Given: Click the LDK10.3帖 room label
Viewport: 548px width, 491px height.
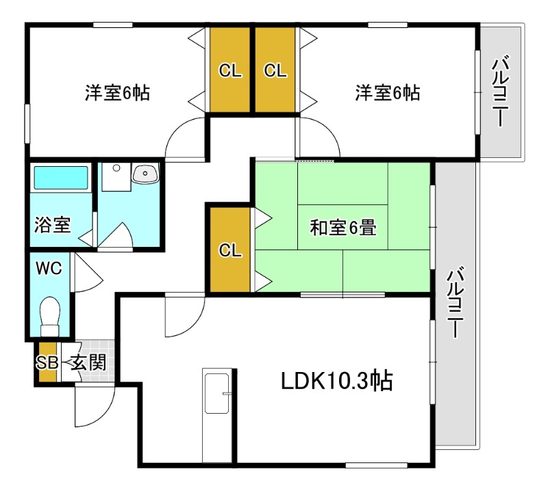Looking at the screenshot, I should tap(336, 381).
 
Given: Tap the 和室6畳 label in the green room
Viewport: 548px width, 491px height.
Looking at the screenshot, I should tap(342, 227).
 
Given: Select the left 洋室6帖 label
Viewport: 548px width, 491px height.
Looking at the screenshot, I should tap(118, 93).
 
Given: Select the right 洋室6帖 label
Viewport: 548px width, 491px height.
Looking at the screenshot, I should tap(387, 93).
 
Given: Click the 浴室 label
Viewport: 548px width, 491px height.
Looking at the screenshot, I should tap(52, 225).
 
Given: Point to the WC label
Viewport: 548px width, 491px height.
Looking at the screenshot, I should tap(49, 268).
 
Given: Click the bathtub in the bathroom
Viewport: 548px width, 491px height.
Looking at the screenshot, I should tap(61, 178).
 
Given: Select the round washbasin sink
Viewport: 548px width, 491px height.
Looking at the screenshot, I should tap(145, 174).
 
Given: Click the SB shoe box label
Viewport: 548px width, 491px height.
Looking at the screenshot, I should tap(47, 363).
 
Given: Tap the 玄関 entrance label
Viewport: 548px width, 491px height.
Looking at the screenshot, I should tap(89, 363).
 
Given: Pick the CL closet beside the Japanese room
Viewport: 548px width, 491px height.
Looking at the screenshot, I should tap(230, 250).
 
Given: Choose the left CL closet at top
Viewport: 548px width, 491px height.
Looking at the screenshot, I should tap(230, 70).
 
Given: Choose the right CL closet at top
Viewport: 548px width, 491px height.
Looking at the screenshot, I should tap(275, 70).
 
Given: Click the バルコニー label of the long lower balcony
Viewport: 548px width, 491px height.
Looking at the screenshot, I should tap(456, 304).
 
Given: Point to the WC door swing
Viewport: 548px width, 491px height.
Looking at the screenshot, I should tap(87, 273).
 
